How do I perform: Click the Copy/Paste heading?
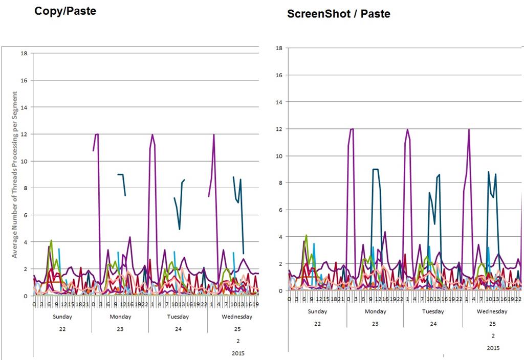[x=65, y=11]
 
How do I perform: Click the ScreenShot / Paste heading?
[x=338, y=14]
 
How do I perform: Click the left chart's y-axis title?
[x=15, y=174]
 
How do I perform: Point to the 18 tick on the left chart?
[x=24, y=53]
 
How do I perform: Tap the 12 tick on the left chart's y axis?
[x=24, y=134]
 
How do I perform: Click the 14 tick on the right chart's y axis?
[x=279, y=102]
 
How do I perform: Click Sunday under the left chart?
[x=62, y=317]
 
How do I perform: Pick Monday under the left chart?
[x=120, y=317]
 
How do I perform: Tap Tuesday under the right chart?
[x=433, y=311]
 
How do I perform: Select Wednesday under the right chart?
[x=492, y=311]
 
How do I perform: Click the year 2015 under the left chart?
[x=238, y=353]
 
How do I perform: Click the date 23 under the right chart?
[x=375, y=324]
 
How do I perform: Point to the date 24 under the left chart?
[x=178, y=329]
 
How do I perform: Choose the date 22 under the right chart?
[x=317, y=324]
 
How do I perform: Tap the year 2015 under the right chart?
[x=493, y=348]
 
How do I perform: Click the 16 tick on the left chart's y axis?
[x=24, y=80]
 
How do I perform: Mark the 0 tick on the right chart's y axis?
[x=280, y=290]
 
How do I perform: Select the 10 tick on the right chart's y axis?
[x=279, y=156]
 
